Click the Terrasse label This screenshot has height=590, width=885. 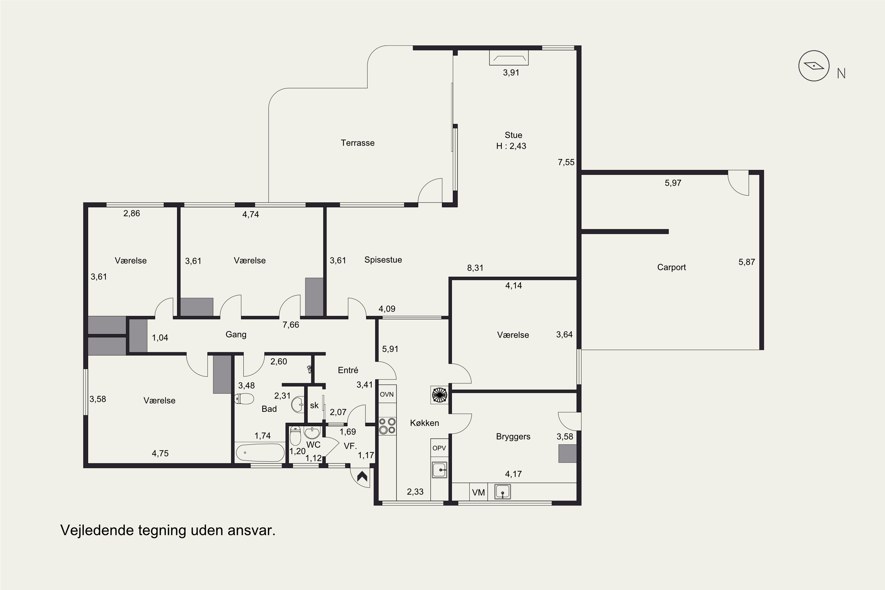(x=358, y=143)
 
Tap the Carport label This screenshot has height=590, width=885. (x=671, y=268)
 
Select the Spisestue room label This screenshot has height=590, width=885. (x=383, y=260)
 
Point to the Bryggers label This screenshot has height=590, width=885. (x=513, y=437)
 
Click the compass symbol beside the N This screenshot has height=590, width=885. (x=814, y=66)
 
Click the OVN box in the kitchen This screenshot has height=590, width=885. (x=387, y=394)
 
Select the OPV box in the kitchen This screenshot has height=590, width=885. (x=439, y=448)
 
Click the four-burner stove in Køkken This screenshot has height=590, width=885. (x=387, y=426)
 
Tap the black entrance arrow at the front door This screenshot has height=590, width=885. (x=362, y=477)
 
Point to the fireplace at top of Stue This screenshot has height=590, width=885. (x=509, y=58)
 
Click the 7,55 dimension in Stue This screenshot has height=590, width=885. (x=566, y=162)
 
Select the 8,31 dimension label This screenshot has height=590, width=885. (x=475, y=268)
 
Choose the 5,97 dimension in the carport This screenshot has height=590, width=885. (x=673, y=183)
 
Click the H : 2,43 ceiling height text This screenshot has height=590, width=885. (x=511, y=146)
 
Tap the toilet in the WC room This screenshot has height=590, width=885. (x=295, y=435)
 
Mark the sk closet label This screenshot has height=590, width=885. (x=314, y=405)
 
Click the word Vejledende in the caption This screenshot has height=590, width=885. (x=97, y=530)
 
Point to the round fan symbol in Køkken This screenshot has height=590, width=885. (x=440, y=395)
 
